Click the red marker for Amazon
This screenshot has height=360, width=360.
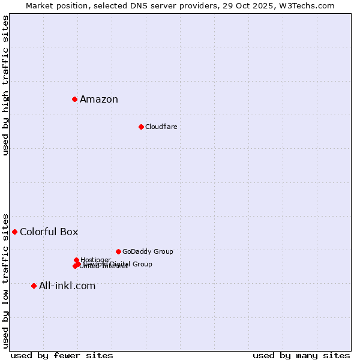[74, 99]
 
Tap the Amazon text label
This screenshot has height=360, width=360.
[99, 100]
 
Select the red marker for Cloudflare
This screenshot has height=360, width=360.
[141, 127]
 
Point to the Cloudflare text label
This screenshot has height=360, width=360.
[161, 127]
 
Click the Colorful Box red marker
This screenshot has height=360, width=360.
[14, 232]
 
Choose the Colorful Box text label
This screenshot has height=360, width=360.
[49, 232]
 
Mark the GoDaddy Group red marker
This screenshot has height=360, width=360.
[118, 251]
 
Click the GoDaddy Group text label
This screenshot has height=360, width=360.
[148, 252]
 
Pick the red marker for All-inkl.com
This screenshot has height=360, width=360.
[34, 286]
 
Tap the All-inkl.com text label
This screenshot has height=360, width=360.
[67, 286]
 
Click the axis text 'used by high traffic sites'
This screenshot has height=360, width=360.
[6, 85]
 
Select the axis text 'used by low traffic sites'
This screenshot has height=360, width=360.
[6, 280]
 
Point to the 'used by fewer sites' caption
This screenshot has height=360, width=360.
[62, 355]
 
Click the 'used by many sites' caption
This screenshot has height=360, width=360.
[301, 355]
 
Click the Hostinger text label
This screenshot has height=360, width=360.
[95, 260]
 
